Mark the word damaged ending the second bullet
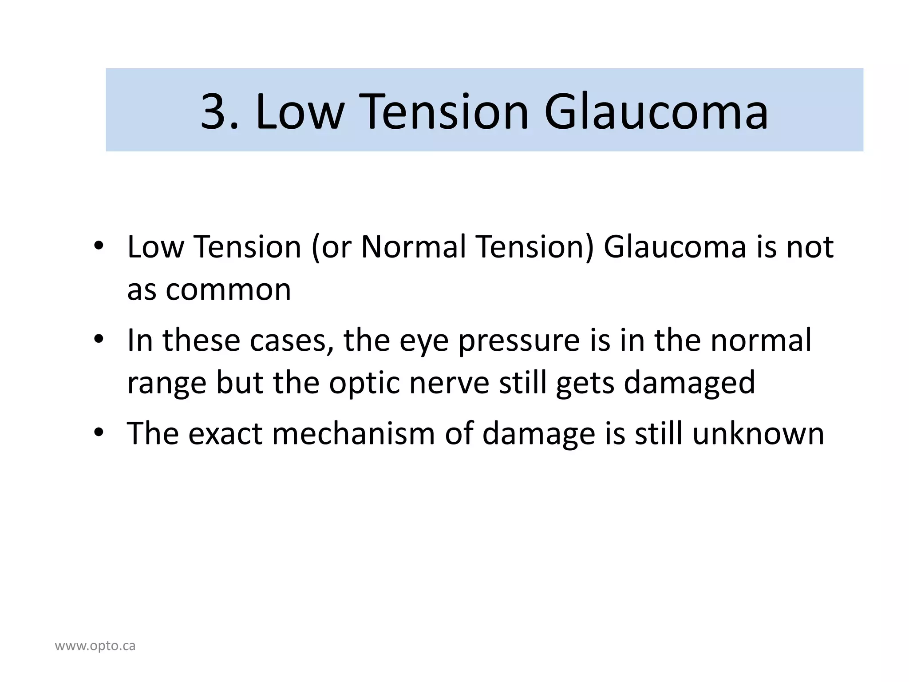point(689,383)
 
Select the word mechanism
point(353,433)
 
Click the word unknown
point(758,433)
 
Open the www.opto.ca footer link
point(95,646)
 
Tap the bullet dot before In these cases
point(99,340)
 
